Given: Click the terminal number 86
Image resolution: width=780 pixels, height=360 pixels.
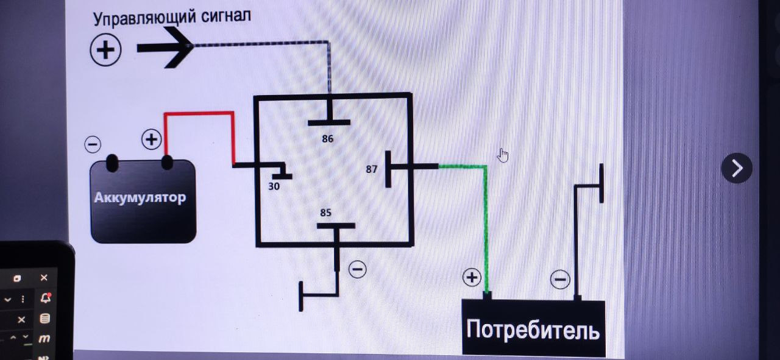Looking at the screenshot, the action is click(x=328, y=139).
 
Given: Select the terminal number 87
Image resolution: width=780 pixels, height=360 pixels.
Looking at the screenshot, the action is click(x=372, y=169).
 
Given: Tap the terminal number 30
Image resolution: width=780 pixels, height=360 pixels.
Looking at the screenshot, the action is click(x=274, y=186).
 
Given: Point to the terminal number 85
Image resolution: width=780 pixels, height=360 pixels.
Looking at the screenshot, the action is click(x=326, y=213).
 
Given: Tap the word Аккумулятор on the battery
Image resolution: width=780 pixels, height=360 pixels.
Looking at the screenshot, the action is click(x=140, y=197).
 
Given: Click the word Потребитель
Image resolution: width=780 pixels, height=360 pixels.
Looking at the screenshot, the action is click(x=533, y=330).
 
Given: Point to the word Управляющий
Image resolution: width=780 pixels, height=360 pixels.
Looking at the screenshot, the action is click(x=144, y=17).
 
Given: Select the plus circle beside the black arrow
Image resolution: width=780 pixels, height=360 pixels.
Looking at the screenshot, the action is click(x=106, y=49).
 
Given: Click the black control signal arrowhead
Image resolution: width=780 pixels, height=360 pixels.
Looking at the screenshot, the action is click(x=177, y=47).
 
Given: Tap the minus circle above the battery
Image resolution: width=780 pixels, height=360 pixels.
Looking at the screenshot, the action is click(x=93, y=144).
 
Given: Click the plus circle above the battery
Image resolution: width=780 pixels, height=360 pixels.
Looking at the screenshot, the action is click(x=151, y=139).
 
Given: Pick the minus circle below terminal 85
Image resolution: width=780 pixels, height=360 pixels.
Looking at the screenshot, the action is click(x=357, y=269).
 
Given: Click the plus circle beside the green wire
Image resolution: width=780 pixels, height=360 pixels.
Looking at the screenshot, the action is click(x=472, y=278).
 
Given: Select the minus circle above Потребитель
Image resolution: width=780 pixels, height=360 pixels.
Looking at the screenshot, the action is click(x=560, y=280).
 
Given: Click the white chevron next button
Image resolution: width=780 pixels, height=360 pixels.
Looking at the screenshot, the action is click(x=737, y=168).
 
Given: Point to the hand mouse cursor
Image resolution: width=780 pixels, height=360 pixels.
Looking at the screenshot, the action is click(x=503, y=155).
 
